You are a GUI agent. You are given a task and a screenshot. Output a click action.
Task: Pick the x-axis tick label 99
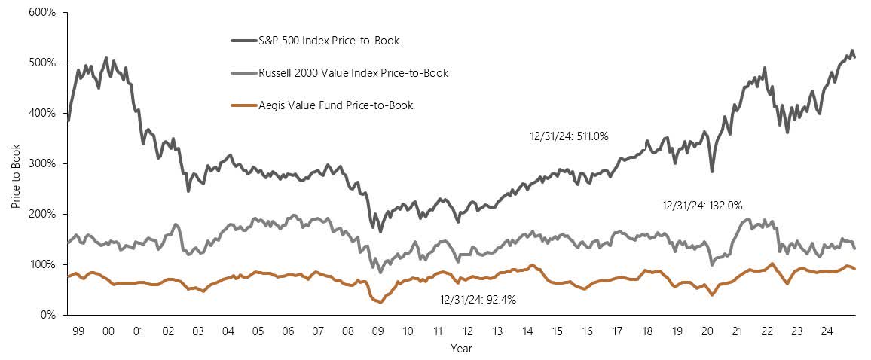tap(78, 330)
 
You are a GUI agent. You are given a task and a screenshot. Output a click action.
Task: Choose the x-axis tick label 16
tap(586, 330)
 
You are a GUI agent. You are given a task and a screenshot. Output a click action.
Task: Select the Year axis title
tap(461, 349)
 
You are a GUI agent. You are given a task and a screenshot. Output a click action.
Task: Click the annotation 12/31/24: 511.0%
tap(569, 136)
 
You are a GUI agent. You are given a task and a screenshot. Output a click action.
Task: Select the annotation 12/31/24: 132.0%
tap(703, 205)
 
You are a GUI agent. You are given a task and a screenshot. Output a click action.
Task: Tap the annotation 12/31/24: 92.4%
tap(478, 299)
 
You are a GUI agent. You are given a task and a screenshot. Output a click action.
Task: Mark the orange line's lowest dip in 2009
tap(380, 302)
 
